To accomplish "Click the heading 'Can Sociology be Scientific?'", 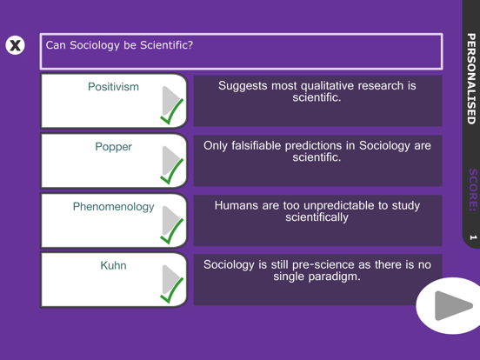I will tap(119, 45).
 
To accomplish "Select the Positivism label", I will tap(113, 87).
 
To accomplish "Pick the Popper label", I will tap(113, 147).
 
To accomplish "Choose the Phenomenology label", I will tap(113, 207).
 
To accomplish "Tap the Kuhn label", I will tap(113, 266).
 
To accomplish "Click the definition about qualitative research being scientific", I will tap(317, 91).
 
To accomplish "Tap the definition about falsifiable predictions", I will tap(317, 151).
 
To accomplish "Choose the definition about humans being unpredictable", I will tap(317, 211).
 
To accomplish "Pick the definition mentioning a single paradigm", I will tap(317, 270).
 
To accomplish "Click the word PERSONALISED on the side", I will tap(471, 77).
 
